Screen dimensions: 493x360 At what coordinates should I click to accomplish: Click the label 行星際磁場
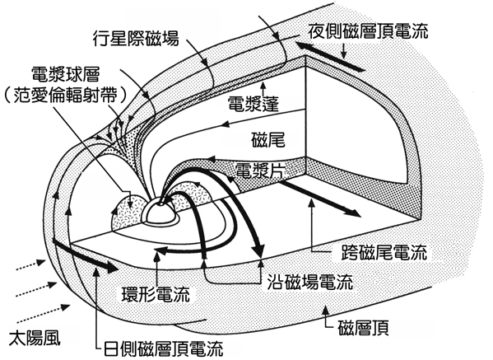pyautogui.click(x=136, y=39)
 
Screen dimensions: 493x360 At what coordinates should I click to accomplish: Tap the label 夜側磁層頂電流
pyautogui.click(x=368, y=30)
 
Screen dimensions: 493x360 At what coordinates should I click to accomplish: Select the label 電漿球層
pyautogui.click(x=65, y=75)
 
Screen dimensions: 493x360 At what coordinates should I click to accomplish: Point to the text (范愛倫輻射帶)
pyautogui.click(x=65, y=96)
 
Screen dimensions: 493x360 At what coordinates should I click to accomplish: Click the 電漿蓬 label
pyautogui.click(x=253, y=104)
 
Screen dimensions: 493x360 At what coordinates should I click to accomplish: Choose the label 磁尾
pyautogui.click(x=268, y=140)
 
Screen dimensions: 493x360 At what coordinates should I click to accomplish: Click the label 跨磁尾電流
pyautogui.click(x=384, y=252)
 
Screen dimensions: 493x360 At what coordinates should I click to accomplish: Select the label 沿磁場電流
pyautogui.click(x=309, y=282)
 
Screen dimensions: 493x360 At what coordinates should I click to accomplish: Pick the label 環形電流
pyautogui.click(x=156, y=294)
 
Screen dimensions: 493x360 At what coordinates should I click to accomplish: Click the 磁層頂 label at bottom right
pyautogui.click(x=364, y=328)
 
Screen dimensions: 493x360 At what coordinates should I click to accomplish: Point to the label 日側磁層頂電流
pyautogui.click(x=164, y=348)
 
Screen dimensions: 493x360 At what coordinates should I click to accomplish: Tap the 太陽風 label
pyautogui.click(x=35, y=339)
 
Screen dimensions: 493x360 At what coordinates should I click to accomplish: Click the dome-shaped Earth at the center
pyautogui.click(x=160, y=213)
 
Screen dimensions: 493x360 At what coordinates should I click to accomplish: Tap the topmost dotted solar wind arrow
pyautogui.click(x=30, y=265)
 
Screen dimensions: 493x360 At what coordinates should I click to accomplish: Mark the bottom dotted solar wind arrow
pyautogui.click(x=44, y=313)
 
